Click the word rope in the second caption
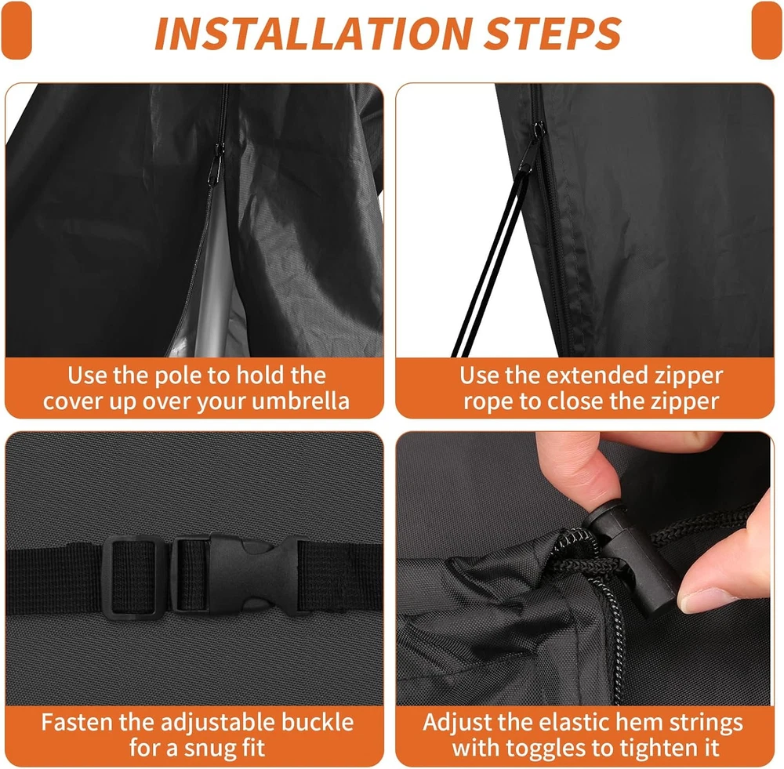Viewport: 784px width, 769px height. click(485, 402)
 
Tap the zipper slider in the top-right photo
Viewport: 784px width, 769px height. click(538, 131)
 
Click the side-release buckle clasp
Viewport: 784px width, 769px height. click(239, 575)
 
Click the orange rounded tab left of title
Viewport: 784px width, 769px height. click(16, 30)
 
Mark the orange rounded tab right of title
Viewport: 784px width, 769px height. click(767, 30)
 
